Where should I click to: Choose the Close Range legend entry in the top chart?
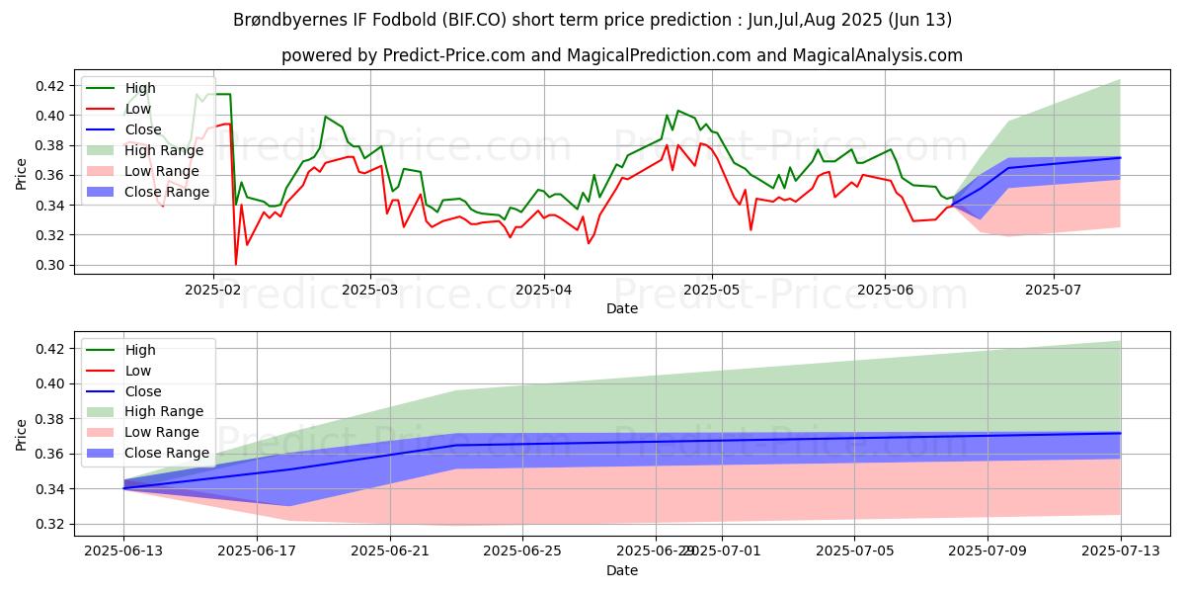[x=167, y=192]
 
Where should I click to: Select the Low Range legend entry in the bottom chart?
[x=162, y=432]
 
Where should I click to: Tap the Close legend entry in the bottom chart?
[x=144, y=390]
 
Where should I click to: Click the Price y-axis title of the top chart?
[x=22, y=175]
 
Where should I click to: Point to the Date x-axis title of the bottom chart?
[x=622, y=570]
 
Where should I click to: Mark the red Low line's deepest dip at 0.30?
[x=235, y=264]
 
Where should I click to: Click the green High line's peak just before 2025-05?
[x=677, y=111]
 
